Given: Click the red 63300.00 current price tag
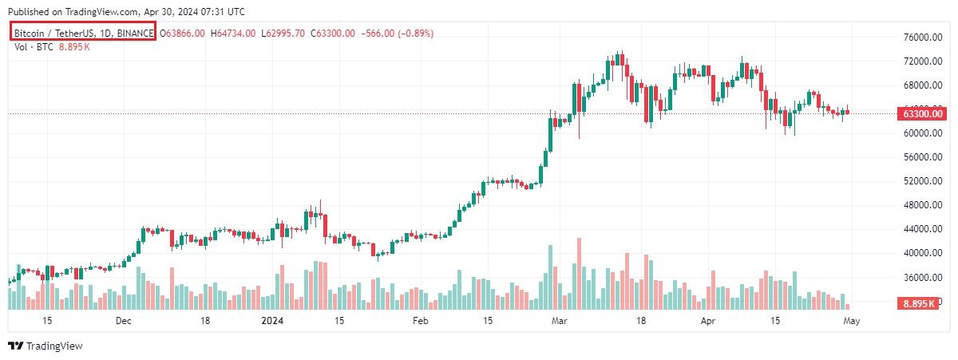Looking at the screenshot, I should click(x=923, y=113).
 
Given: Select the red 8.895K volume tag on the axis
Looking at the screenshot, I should click(x=919, y=304).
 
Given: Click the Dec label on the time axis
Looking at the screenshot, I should click(x=123, y=321).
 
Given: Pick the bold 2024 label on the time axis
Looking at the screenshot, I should click(x=273, y=321).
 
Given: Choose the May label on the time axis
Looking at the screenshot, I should click(x=851, y=321).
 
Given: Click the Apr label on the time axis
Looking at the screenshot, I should click(x=707, y=321).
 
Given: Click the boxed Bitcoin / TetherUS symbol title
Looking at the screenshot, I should click(x=83, y=33).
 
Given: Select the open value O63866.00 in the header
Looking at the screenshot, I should click(x=183, y=33).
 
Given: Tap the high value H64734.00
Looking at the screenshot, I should click(x=233, y=33).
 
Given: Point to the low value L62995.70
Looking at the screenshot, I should click(x=284, y=33).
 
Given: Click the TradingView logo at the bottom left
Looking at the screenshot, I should click(x=46, y=346).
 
